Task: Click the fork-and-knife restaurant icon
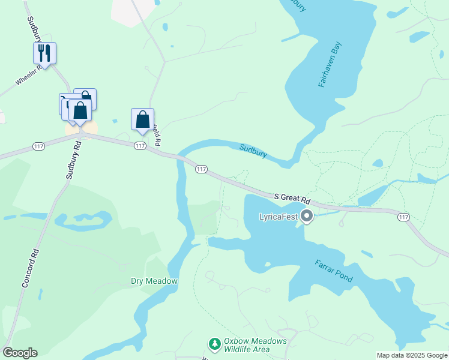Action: pos(44,53)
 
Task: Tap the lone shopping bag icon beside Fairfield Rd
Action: pos(143,119)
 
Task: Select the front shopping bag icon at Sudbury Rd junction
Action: pos(80,111)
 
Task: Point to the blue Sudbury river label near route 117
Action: pos(253,150)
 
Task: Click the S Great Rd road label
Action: pos(292,197)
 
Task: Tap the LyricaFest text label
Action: pos(278,217)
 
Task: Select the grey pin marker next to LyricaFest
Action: pos(307,215)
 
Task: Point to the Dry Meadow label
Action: pos(154,281)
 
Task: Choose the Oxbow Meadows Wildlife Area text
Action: pos(255,346)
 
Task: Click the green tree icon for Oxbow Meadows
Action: pos(214,344)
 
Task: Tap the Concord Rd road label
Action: pos(30,267)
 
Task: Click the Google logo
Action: pos(20,353)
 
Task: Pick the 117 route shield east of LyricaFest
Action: pos(403,217)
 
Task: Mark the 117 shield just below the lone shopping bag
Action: pos(140,146)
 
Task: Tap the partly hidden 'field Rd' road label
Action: pos(157,136)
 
